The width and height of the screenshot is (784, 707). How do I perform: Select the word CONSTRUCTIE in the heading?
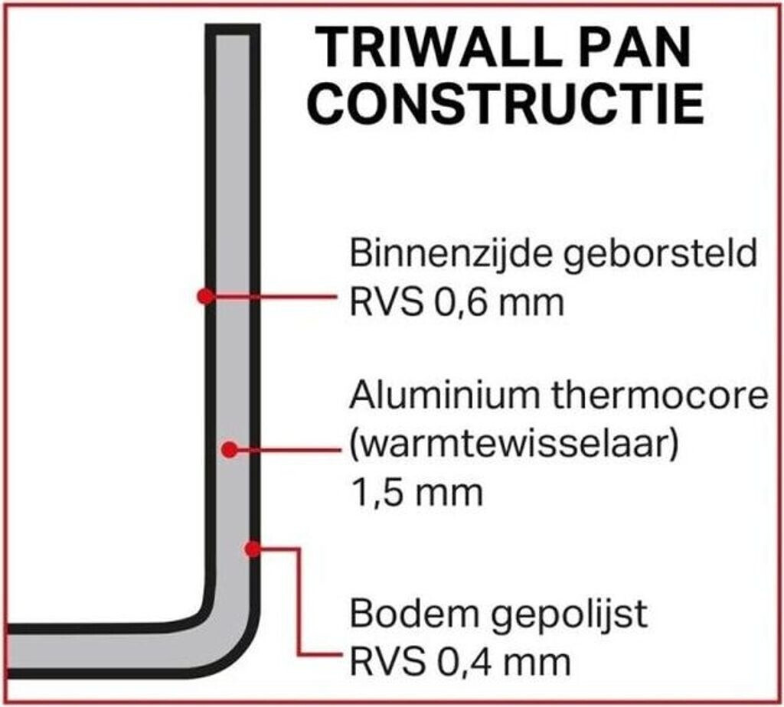click(x=506, y=104)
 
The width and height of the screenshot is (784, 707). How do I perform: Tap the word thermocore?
click(x=660, y=395)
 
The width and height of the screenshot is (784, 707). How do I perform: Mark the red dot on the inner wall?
click(x=205, y=296)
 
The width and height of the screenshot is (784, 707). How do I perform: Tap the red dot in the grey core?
click(x=230, y=450)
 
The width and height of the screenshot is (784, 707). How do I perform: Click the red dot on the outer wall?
click(x=253, y=549)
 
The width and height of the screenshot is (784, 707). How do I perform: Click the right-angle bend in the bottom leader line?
click(x=299, y=549)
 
